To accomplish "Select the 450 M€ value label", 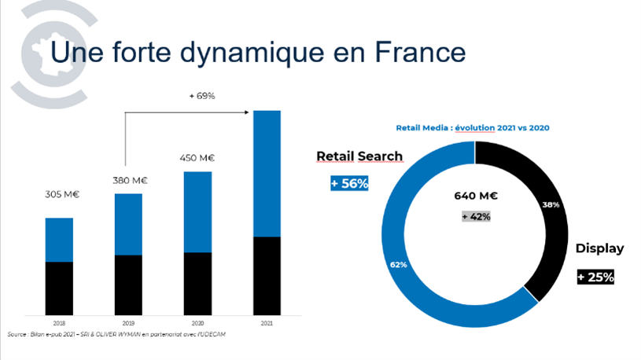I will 197,158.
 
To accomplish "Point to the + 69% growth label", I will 202,96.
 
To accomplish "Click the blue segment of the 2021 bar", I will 266,173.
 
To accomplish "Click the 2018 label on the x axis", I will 60,322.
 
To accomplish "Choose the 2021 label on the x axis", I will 266,322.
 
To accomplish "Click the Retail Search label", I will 359,156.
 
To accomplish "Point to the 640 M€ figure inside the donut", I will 475,196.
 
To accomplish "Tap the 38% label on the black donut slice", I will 551,204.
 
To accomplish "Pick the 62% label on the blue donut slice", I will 399,264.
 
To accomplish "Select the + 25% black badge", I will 595,277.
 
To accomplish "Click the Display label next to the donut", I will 599,248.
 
